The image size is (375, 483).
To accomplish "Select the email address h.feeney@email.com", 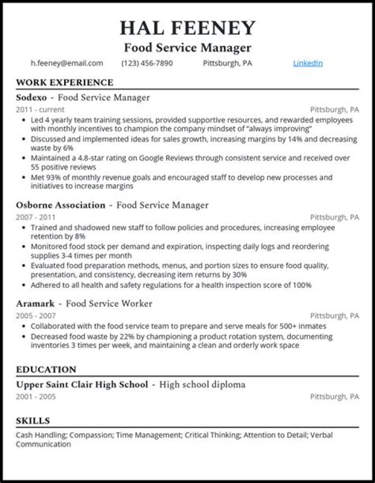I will (67, 63).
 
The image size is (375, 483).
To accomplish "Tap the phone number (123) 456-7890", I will (147, 63).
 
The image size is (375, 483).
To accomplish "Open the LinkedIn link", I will (308, 63).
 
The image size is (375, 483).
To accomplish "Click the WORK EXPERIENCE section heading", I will (65, 82).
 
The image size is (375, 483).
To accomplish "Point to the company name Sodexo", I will (31, 97).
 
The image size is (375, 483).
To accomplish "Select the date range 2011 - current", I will (40, 110).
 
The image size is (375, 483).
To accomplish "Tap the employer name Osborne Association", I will (60, 205).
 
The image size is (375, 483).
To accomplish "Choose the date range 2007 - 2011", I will (35, 217).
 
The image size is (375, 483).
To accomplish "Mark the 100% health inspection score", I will (302, 285).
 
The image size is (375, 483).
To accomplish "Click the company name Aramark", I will (34, 303).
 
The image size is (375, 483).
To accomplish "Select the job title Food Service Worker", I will (109, 303).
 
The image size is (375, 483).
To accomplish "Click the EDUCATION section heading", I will (46, 370).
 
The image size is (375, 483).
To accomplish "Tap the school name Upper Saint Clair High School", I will (82, 385).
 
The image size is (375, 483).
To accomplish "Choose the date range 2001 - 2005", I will (35, 397).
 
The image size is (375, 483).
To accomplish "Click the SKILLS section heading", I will (33, 421).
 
